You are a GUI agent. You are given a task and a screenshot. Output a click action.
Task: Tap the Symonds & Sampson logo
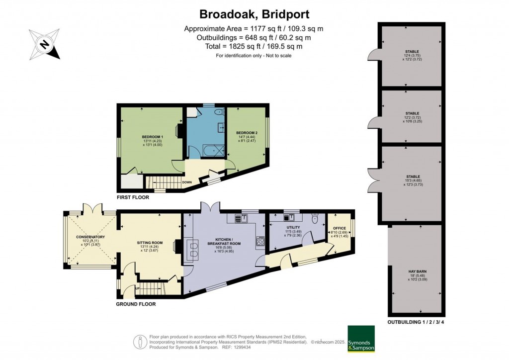tap(361, 339)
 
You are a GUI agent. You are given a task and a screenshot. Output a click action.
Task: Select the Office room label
tap(339, 228)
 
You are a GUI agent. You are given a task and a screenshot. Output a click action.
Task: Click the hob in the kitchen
tap(260, 242)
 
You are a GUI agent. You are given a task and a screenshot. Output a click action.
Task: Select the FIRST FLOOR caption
tap(132, 197)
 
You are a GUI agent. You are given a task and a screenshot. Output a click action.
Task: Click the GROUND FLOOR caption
tap(136, 304)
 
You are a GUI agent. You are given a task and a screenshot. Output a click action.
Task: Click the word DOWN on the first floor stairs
tap(187, 182)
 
